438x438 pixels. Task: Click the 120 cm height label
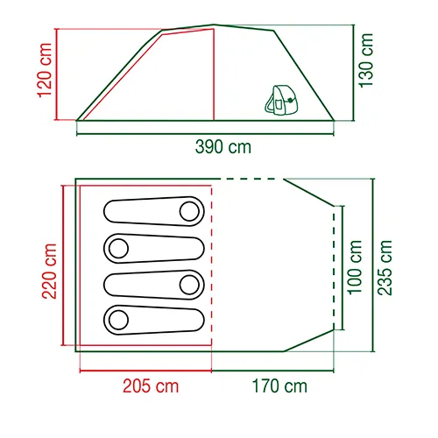point(45,70)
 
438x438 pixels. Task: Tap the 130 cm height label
point(366,60)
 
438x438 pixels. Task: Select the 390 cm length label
point(223,147)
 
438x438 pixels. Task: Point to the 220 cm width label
point(49,272)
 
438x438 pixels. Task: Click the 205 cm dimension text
point(151,386)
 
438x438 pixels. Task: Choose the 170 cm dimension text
point(279,386)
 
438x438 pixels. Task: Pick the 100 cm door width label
point(354,267)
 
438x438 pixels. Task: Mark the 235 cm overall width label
point(385,267)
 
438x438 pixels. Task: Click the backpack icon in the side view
point(280,100)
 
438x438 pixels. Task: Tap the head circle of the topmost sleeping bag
point(189,211)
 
